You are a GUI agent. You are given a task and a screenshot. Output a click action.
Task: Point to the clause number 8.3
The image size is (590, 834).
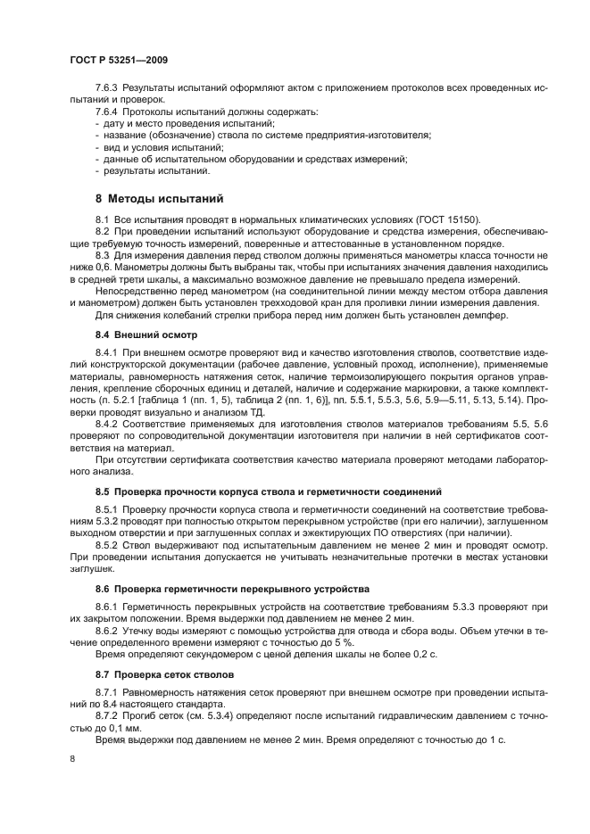(102, 255)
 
